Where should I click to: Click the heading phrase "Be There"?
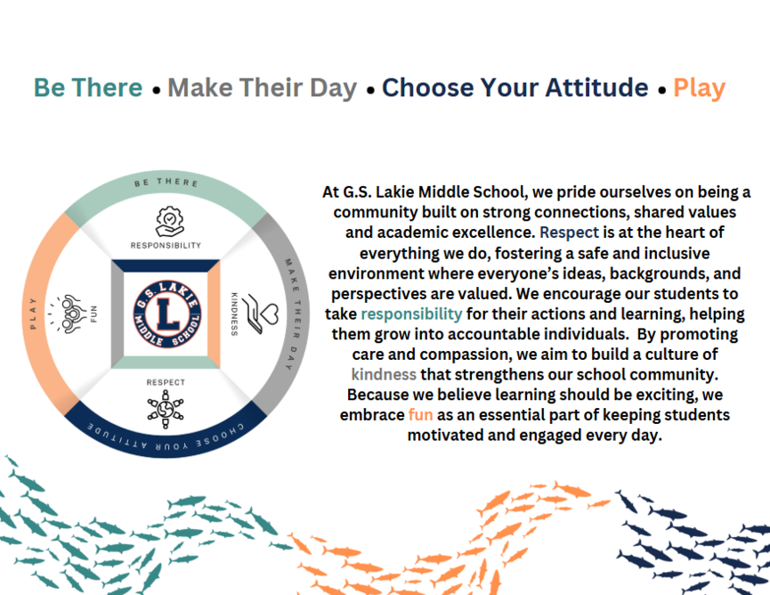tap(88, 88)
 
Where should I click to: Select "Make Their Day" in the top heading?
tap(263, 88)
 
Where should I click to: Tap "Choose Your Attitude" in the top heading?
tap(515, 88)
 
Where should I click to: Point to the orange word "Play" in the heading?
tap(700, 88)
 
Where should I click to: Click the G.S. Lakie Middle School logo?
tap(167, 314)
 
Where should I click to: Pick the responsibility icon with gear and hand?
tap(169, 222)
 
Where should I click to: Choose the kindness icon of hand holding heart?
tap(261, 314)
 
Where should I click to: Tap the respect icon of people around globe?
tap(166, 409)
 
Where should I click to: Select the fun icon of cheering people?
tap(68, 314)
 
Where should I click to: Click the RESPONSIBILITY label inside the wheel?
tap(166, 245)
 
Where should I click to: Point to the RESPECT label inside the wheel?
tap(166, 382)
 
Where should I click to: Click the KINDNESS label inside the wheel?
tap(234, 314)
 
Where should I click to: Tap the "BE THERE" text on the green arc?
tap(166, 183)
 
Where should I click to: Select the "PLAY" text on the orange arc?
tap(33, 314)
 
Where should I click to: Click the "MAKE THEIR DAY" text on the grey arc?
tap(293, 314)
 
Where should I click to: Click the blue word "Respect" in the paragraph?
tap(569, 232)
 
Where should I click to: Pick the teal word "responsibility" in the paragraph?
tap(411, 314)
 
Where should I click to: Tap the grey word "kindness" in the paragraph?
tap(384, 374)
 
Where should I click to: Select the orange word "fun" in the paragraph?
tap(420, 415)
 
